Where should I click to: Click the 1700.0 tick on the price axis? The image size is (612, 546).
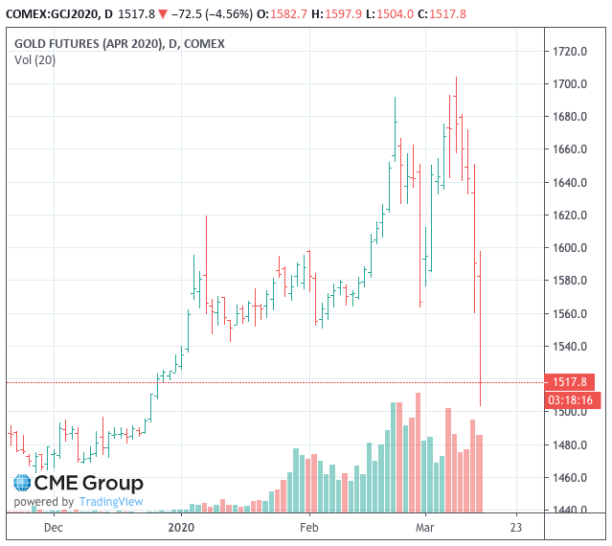point(568,84)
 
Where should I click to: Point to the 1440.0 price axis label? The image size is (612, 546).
point(568,511)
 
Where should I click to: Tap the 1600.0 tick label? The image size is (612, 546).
point(568,248)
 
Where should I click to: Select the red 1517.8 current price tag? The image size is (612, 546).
point(569,381)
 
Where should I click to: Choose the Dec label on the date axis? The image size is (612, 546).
point(54,527)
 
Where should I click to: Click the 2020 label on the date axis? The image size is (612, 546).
point(181,527)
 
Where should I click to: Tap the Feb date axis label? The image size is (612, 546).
point(308,527)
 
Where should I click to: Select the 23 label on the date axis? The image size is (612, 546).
point(516,527)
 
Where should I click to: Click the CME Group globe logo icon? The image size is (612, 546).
point(23,484)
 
